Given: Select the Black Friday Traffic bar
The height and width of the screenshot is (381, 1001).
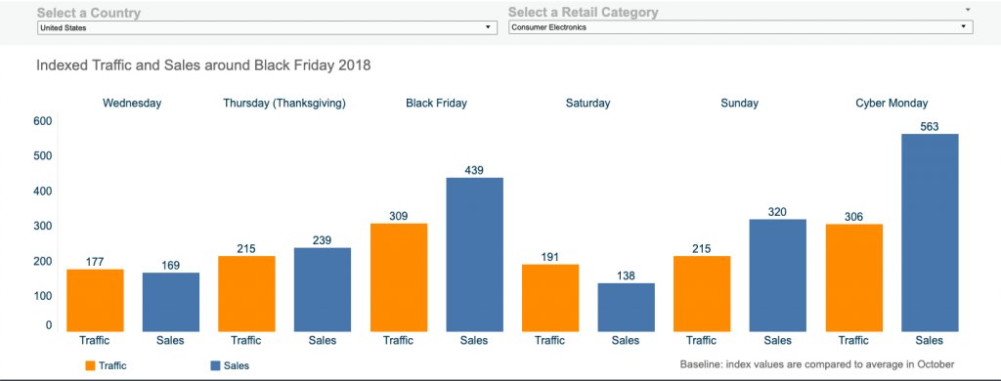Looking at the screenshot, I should click(x=398, y=277).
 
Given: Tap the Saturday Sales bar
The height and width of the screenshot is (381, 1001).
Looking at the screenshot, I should click(x=626, y=307).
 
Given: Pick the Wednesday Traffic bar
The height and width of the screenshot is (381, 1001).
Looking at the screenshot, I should click(x=95, y=300).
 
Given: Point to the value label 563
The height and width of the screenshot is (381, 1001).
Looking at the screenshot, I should click(x=929, y=125).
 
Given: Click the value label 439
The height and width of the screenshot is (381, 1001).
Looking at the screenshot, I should click(x=474, y=169).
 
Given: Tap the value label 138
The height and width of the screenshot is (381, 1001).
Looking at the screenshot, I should click(x=626, y=275).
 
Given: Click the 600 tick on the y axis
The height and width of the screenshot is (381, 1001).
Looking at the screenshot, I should click(x=42, y=121).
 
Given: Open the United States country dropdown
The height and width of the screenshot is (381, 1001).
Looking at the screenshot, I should click(x=264, y=28).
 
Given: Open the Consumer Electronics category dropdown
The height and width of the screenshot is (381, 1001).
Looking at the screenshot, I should click(x=740, y=28).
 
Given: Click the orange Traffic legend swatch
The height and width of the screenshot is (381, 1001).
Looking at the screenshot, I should click(x=91, y=365).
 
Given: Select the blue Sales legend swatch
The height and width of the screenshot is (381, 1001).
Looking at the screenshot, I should click(x=215, y=365).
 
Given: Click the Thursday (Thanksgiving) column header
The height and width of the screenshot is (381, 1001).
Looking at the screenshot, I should click(x=284, y=103).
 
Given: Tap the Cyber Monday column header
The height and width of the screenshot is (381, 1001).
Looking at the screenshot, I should click(x=892, y=103).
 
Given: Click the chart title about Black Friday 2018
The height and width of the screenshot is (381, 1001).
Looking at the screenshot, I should click(x=203, y=66).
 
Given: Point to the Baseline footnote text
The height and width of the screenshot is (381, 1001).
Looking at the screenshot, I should click(x=816, y=363).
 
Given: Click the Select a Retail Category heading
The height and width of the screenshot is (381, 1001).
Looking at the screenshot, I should click(x=583, y=13).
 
